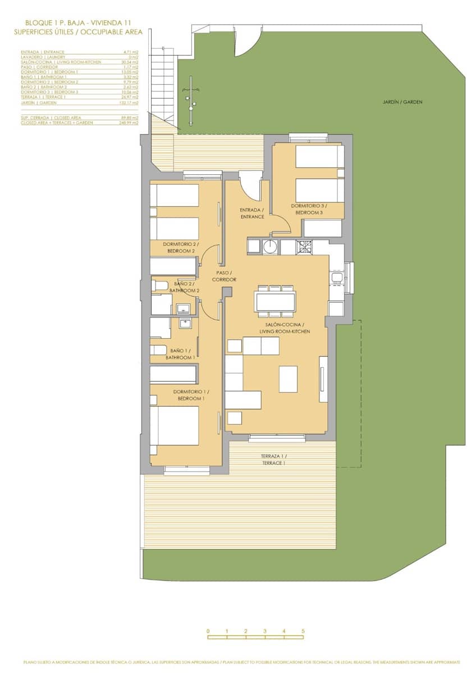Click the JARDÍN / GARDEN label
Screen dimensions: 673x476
point(402,102)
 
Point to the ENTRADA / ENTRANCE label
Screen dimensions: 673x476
point(252,213)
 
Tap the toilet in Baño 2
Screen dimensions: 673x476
point(159,286)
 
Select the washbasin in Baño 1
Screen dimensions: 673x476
point(185,322)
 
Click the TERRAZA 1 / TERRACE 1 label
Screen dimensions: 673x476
point(273,459)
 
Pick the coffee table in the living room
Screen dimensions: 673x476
point(288,379)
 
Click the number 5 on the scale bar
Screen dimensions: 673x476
point(303,631)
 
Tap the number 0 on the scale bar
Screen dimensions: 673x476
point(208,631)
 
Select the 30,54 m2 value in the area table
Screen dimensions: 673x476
point(130,62)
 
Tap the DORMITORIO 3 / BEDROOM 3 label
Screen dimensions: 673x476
point(308,209)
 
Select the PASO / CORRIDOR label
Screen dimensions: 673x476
point(224,276)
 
